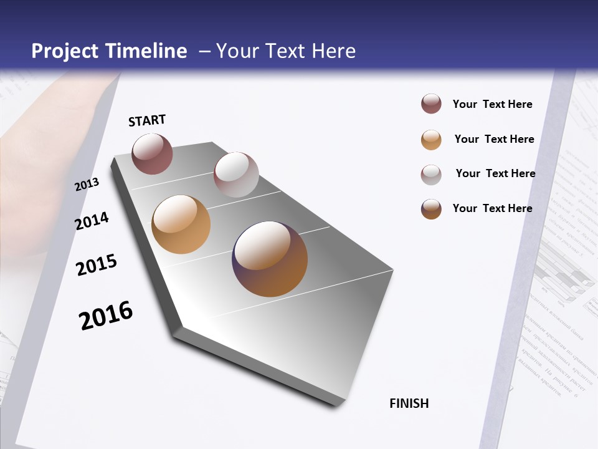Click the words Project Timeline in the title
(x=109, y=51)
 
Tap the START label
(x=147, y=120)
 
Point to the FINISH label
(x=409, y=403)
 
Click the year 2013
(x=87, y=185)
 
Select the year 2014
(x=92, y=221)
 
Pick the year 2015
(x=97, y=265)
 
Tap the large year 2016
(x=106, y=316)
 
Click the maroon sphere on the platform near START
(x=152, y=153)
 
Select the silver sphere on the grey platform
(x=236, y=175)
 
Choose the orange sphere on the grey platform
(x=181, y=224)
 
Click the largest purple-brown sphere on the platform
(x=270, y=259)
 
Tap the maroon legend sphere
(x=431, y=104)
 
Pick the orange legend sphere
(x=431, y=140)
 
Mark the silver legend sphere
(x=431, y=175)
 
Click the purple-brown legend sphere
(x=431, y=209)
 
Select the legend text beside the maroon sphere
(x=493, y=104)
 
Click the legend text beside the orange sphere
(x=495, y=139)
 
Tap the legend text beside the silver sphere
(x=496, y=173)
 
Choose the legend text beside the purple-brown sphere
(x=493, y=208)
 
